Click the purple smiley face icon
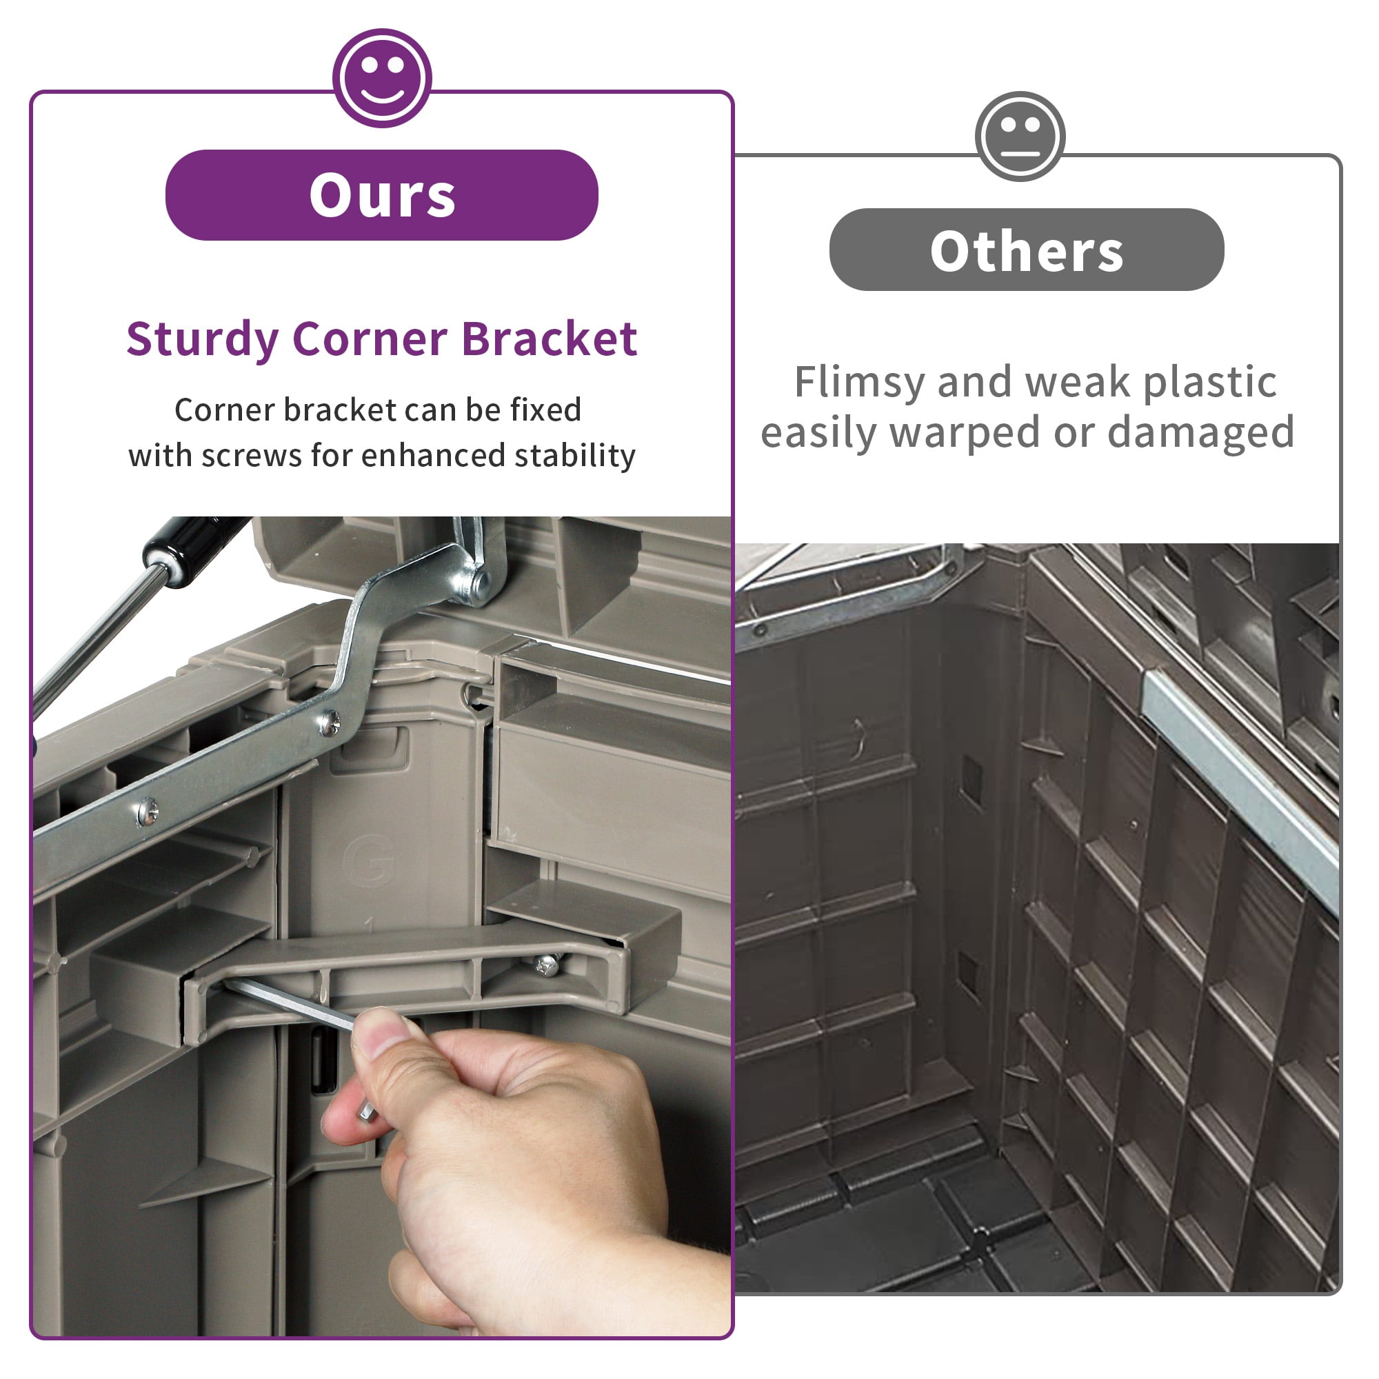click(x=382, y=78)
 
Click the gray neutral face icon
click(x=1020, y=137)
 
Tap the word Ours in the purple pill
click(x=382, y=196)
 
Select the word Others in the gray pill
click(x=1027, y=251)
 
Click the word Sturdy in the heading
click(x=202, y=340)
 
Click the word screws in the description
click(x=251, y=456)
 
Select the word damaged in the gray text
click(x=1200, y=432)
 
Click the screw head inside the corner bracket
click(x=547, y=966)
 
